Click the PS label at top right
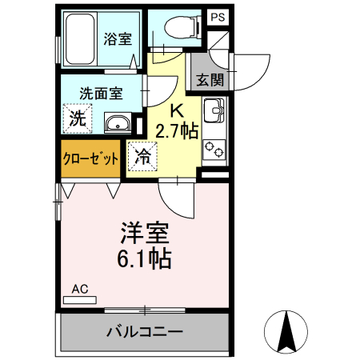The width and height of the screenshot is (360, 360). [x=217, y=17]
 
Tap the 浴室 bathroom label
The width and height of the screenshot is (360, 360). [x=119, y=37]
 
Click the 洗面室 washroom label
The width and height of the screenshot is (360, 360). [x=101, y=93]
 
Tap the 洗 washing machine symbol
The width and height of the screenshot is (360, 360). [x=77, y=119]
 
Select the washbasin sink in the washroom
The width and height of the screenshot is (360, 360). [x=120, y=123]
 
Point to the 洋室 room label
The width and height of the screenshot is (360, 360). [x=145, y=233]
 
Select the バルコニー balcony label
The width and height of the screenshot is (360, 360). [x=144, y=331]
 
